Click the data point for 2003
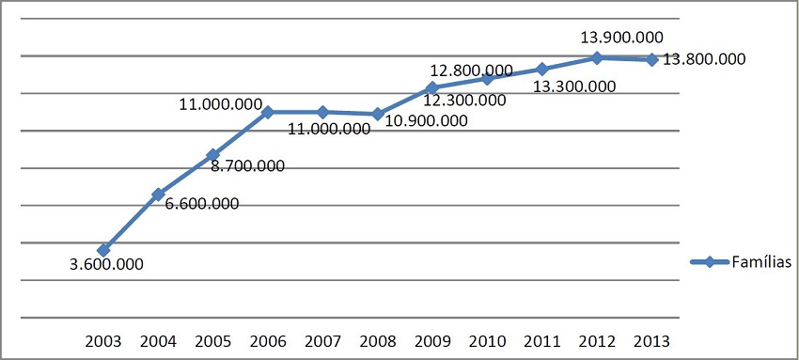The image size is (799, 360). (x=103, y=250)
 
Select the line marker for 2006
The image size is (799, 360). (x=268, y=112)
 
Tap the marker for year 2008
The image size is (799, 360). (x=377, y=114)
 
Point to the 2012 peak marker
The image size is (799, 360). (x=597, y=58)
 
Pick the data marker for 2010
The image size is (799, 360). (x=487, y=78)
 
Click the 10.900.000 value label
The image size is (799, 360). (x=427, y=120)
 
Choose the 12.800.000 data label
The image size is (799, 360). (x=471, y=70)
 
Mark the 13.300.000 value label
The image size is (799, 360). (x=574, y=86)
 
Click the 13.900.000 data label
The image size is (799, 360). (x=622, y=38)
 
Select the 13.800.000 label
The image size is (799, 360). (x=704, y=59)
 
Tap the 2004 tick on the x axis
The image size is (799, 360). (x=158, y=340)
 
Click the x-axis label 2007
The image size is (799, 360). (x=322, y=340)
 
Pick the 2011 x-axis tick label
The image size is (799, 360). (x=541, y=340)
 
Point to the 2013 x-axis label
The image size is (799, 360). (x=651, y=340)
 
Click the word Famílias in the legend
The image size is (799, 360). (x=761, y=262)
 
